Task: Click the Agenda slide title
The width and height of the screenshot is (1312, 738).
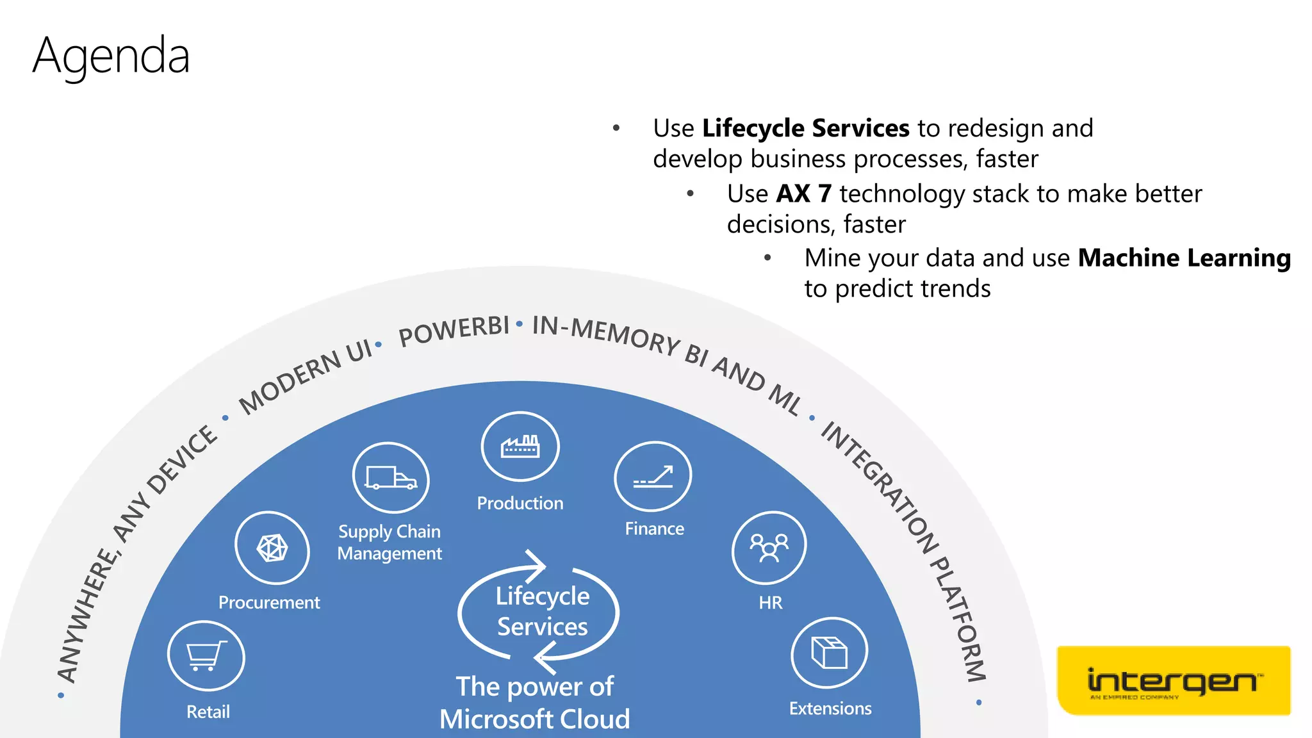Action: (x=111, y=56)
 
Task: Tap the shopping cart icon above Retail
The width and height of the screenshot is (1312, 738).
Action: (x=206, y=656)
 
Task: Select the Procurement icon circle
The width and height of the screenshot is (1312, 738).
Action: (x=272, y=548)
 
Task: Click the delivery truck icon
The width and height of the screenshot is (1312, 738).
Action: (x=390, y=478)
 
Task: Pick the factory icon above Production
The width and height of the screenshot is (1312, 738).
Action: (x=520, y=447)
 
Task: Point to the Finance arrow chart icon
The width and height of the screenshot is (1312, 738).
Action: (x=653, y=477)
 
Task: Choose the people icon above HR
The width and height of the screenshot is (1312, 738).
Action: (x=769, y=548)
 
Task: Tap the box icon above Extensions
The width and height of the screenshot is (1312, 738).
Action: (x=830, y=653)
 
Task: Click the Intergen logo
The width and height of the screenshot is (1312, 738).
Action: (x=1173, y=680)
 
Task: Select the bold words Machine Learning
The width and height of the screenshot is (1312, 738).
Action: (x=1184, y=258)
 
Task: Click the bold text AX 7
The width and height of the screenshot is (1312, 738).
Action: (x=804, y=194)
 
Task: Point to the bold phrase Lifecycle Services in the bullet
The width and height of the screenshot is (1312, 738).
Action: (x=805, y=129)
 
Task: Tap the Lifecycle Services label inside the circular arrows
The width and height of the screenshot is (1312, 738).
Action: (x=542, y=611)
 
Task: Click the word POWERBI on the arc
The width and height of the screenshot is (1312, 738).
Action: (x=454, y=331)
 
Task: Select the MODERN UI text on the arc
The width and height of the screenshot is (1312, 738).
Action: (x=305, y=377)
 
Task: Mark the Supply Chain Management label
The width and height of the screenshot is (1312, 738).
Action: (x=389, y=543)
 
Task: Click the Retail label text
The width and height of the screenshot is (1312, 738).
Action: (x=208, y=712)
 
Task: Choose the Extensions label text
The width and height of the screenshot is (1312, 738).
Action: (x=830, y=709)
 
